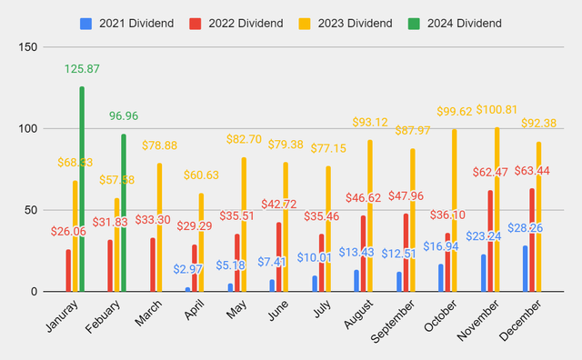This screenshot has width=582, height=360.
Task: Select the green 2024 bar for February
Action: (x=123, y=213)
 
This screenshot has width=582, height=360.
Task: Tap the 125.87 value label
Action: (x=82, y=68)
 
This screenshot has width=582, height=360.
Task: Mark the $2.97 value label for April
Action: (x=188, y=270)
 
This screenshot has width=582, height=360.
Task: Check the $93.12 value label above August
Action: (x=371, y=122)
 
